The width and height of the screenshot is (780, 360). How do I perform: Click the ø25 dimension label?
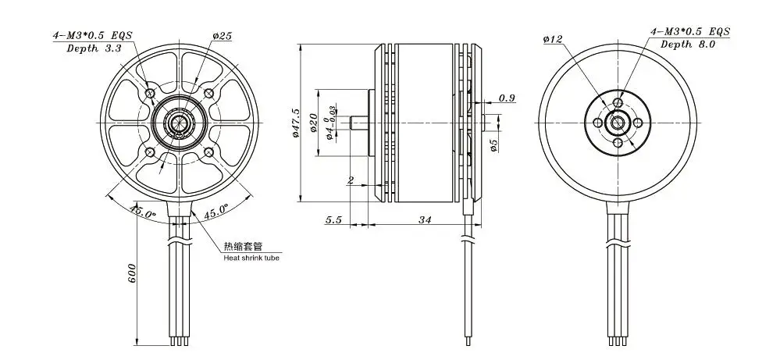pos(223,36)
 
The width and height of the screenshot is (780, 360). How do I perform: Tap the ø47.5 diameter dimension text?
pos(297,123)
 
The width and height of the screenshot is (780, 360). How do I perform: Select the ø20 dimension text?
pos(313,123)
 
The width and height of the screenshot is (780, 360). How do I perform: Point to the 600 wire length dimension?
pos(132,273)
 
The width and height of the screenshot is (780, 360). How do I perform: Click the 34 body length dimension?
pos(424,219)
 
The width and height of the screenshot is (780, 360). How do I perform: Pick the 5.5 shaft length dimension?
pos(334,219)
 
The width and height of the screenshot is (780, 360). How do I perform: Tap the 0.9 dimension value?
pos(507,98)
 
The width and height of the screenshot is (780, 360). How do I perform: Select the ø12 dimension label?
pos(553,39)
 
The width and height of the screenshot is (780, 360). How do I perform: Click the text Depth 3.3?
pos(94,48)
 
